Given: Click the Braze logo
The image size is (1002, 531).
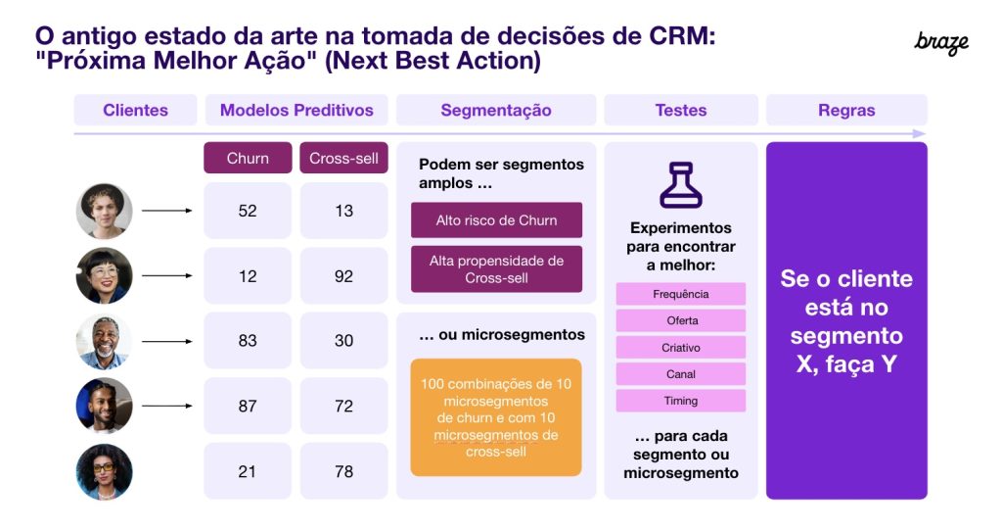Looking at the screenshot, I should pyautogui.click(x=941, y=42).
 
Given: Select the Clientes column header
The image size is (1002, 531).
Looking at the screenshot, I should pyautogui.click(x=135, y=110).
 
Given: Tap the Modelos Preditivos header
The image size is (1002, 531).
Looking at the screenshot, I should pyautogui.click(x=296, y=110).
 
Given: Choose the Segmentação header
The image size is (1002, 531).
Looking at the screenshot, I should pyautogui.click(x=496, y=110).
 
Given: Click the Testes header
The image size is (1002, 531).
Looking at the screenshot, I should pyautogui.click(x=680, y=110).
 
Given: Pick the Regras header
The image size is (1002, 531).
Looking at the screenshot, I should pyautogui.click(x=846, y=110).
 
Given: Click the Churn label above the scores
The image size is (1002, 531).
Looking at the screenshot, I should pyautogui.click(x=248, y=158).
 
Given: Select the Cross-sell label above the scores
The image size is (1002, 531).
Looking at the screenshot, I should pyautogui.click(x=343, y=158).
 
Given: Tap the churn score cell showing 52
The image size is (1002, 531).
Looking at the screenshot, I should pyautogui.click(x=248, y=211).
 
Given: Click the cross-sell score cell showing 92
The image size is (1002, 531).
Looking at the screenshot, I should pyautogui.click(x=343, y=276).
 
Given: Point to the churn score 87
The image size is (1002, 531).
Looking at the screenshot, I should pyautogui.click(x=248, y=406).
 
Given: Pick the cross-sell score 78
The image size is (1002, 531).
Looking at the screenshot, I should pyautogui.click(x=343, y=471).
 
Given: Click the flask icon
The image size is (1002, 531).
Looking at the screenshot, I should pyautogui.click(x=680, y=185).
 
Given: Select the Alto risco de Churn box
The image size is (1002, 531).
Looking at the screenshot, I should pyautogui.click(x=496, y=220).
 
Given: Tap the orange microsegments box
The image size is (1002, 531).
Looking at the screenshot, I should pyautogui.click(x=496, y=417).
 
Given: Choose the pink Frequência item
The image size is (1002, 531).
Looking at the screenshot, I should pyautogui.click(x=680, y=294).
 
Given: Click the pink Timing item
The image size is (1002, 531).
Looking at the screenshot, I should pyautogui.click(x=680, y=401).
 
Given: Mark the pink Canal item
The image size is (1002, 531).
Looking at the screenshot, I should pyautogui.click(x=680, y=374).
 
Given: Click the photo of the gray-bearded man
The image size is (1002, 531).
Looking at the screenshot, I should pyautogui.click(x=104, y=342).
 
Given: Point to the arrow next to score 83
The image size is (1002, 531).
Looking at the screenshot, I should pyautogui.click(x=167, y=342).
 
